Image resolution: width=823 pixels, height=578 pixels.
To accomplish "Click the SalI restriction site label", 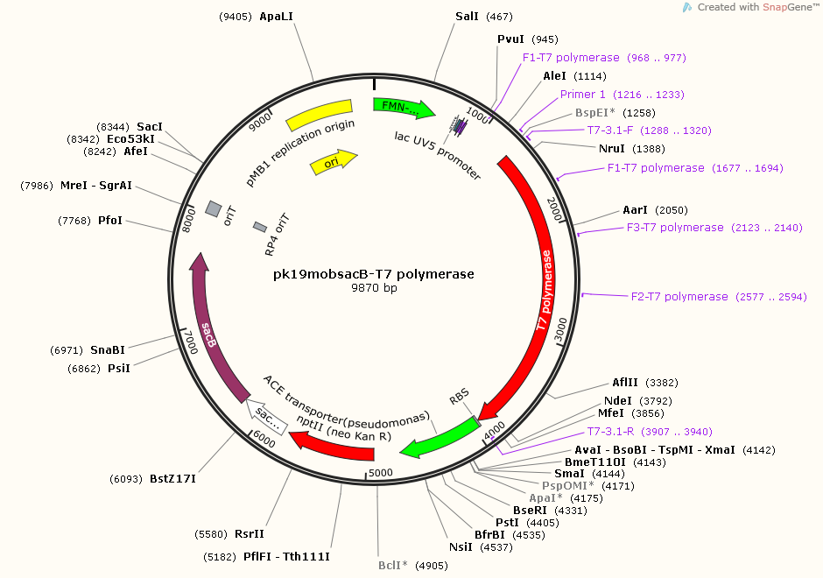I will point(467,17).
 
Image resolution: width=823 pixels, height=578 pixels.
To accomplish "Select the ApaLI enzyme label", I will point(277,17).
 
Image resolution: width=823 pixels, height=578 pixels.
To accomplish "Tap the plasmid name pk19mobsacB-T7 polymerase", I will point(374,274).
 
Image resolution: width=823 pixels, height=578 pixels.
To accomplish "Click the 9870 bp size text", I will point(374,288).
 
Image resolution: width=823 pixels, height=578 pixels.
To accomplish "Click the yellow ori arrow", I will point(334,161).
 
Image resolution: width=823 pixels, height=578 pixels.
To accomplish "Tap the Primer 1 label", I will point(583,95).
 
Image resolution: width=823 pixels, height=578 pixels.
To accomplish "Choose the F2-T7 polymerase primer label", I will point(679,297).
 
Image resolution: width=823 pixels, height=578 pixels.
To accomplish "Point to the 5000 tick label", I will point(381,473).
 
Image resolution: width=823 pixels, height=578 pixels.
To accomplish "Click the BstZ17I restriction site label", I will point(172,479).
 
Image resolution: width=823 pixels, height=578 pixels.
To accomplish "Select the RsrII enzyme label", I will point(250,533).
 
